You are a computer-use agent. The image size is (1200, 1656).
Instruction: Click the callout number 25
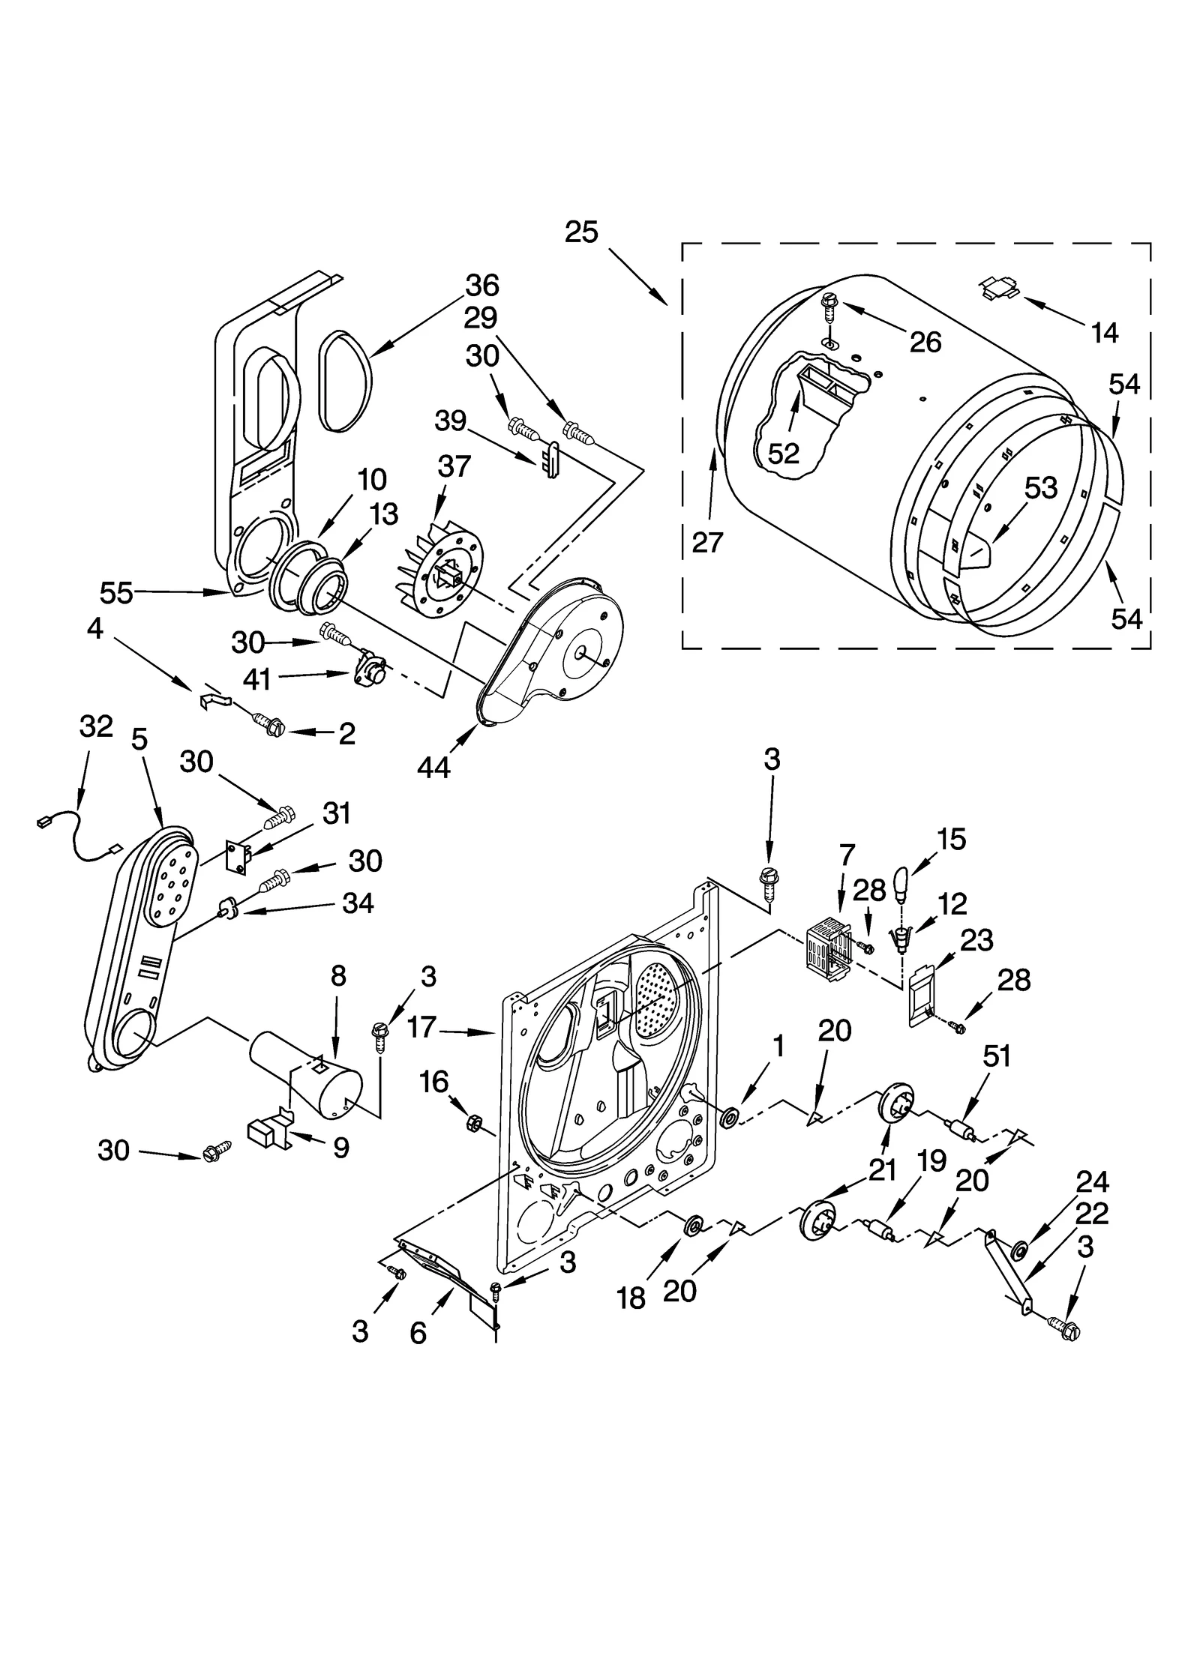pos(581,232)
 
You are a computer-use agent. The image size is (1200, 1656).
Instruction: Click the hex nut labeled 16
pos(474,1121)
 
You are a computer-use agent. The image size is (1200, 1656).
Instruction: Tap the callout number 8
pos(338,975)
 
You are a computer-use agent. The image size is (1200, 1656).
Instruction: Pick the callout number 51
pos(997,1056)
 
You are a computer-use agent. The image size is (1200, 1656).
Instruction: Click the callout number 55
pos(116,593)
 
